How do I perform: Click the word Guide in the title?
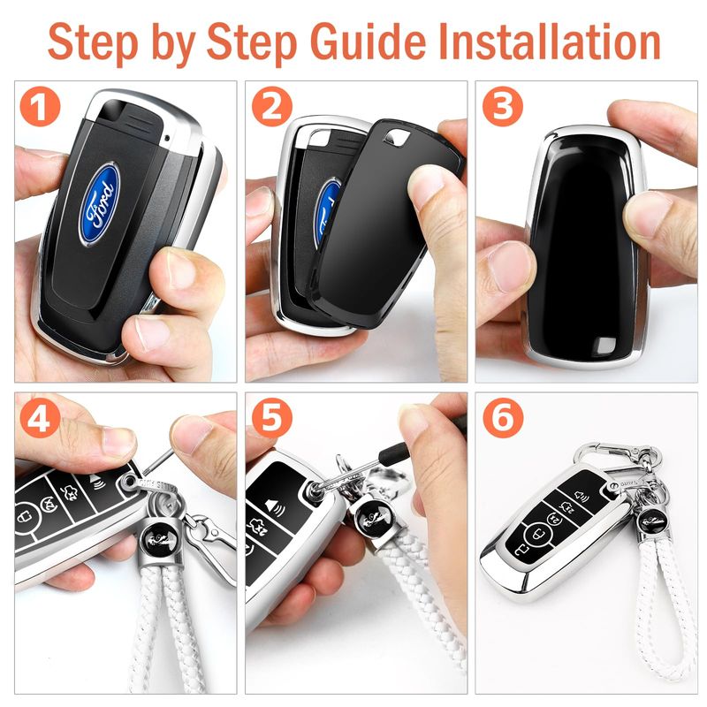pyautogui.click(x=368, y=42)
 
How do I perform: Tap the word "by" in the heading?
pyautogui.click(x=173, y=45)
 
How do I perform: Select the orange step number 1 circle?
pyautogui.click(x=40, y=107)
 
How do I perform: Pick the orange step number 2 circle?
pyautogui.click(x=271, y=107)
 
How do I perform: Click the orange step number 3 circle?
pyautogui.click(x=503, y=107)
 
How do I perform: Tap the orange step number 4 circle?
pyautogui.click(x=40, y=418)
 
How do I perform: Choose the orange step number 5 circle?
pyautogui.click(x=271, y=418)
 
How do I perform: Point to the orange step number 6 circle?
pyautogui.click(x=503, y=418)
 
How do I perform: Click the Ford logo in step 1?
pyautogui.click(x=99, y=204)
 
